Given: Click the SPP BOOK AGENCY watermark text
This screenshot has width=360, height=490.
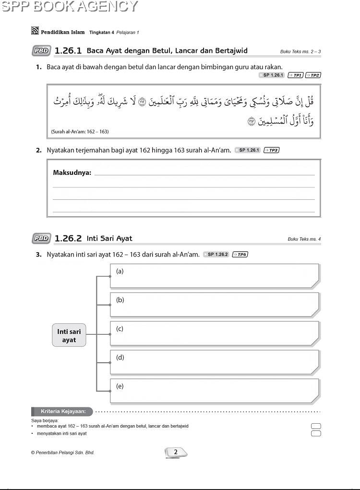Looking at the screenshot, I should [69, 6].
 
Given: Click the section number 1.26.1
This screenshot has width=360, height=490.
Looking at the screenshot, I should [69, 50].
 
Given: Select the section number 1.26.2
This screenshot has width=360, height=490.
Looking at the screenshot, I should [69, 238].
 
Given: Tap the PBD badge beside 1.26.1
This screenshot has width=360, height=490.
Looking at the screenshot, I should [42, 50].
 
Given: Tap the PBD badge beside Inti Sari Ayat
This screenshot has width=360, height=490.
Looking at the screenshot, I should [42, 238].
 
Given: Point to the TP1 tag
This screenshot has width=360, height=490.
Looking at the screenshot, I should [295, 75].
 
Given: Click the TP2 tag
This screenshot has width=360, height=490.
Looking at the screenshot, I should [313, 75].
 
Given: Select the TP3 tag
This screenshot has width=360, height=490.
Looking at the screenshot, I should [272, 150].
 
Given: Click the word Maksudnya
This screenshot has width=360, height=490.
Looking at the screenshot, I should [72, 172].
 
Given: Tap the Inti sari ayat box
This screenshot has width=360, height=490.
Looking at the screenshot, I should [69, 336].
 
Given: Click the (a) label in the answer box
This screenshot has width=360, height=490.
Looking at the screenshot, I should [120, 271].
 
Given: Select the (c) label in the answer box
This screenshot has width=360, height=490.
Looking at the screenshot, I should [120, 329].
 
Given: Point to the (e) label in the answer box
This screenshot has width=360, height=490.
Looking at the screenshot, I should [120, 386].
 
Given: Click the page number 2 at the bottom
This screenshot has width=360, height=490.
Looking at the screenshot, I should [176, 452].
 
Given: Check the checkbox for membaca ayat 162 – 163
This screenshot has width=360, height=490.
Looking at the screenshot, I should [316, 426].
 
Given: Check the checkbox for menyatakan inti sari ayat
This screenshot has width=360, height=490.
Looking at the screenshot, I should [316, 434].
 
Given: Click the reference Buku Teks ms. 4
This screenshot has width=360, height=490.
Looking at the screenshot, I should [304, 239].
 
